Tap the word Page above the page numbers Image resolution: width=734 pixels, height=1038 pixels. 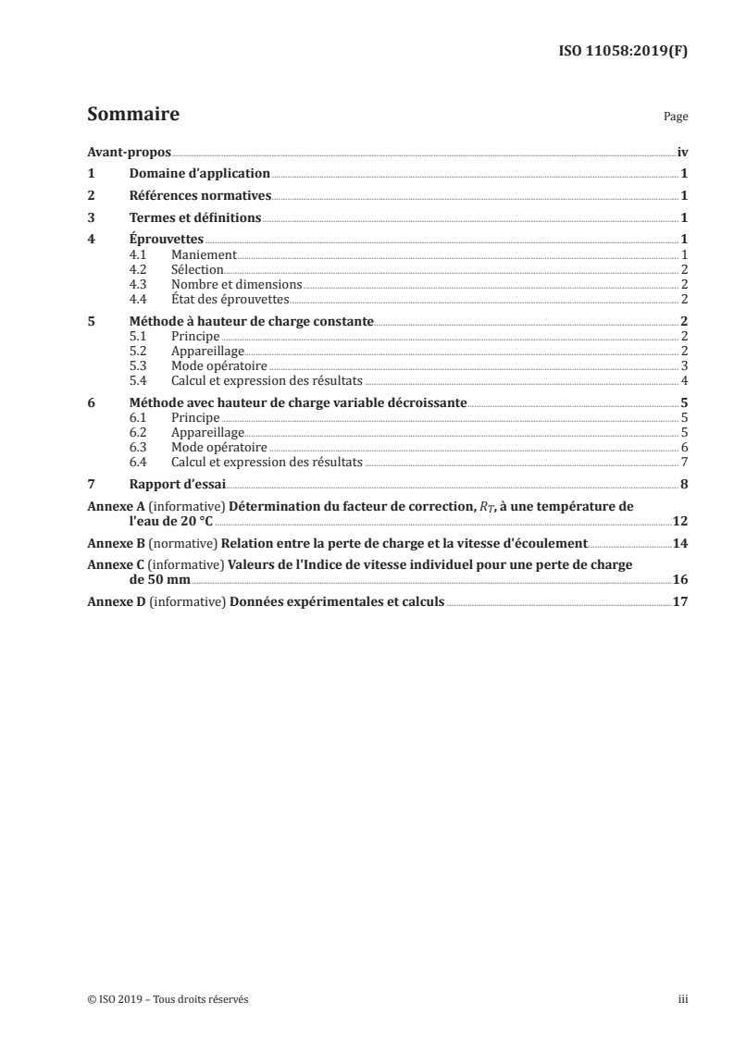pyautogui.click(x=676, y=117)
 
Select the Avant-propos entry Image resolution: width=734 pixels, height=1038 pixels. pyautogui.click(x=129, y=152)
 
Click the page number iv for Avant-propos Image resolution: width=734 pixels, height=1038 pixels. pyautogui.click(x=681, y=152)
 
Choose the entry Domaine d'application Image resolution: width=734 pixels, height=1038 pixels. pyautogui.click(x=199, y=173)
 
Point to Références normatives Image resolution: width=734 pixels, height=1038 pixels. pyautogui.click(x=200, y=195)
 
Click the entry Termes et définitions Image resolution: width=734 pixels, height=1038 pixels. pyautogui.click(x=194, y=217)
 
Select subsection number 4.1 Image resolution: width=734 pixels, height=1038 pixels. pyautogui.click(x=139, y=253)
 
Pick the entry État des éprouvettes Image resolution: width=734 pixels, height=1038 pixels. pyautogui.click(x=230, y=299)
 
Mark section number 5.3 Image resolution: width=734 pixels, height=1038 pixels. pyautogui.click(x=139, y=366)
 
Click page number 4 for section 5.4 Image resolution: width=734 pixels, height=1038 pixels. pyautogui.click(x=683, y=381)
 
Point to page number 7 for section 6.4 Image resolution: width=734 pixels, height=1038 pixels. pyautogui.click(x=683, y=462)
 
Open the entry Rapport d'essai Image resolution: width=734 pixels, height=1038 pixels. pyautogui.click(x=178, y=484)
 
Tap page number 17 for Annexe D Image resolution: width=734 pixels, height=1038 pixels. pyautogui.click(x=680, y=601)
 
